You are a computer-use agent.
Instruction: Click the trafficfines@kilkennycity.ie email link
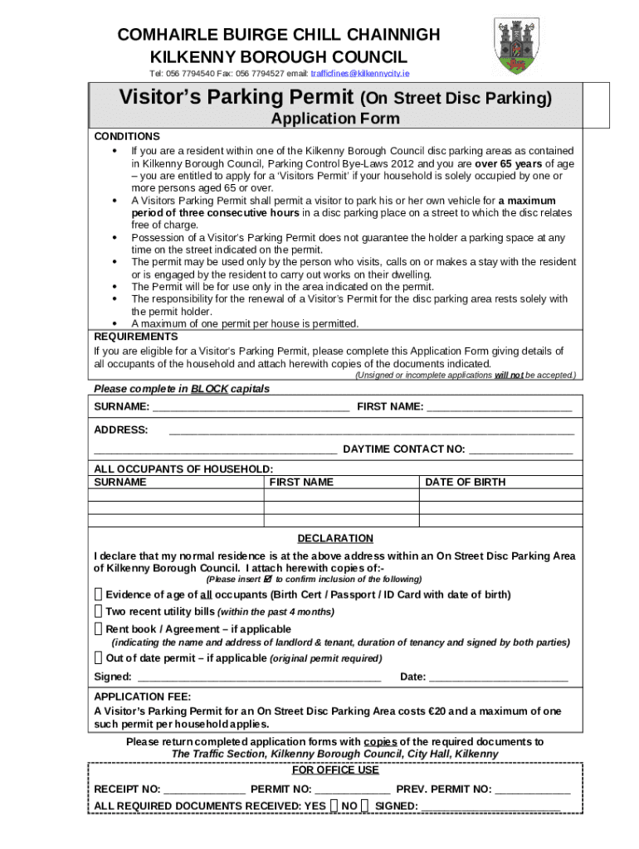[360, 74]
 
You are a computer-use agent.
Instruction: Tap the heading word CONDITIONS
[127, 136]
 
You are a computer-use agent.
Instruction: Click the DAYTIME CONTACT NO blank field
[520, 450]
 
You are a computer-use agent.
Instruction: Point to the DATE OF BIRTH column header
[465, 482]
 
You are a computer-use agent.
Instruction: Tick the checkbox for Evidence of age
[99, 594]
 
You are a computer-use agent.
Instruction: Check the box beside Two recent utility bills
[99, 611]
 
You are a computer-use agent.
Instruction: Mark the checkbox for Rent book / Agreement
[99, 628]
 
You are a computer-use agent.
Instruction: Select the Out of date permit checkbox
[99, 658]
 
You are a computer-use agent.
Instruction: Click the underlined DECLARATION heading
[335, 538]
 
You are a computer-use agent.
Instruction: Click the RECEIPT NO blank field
[204, 790]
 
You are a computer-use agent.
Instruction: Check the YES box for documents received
[333, 805]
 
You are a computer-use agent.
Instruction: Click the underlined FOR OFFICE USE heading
[336, 769]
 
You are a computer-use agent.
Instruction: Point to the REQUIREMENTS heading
[135, 337]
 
